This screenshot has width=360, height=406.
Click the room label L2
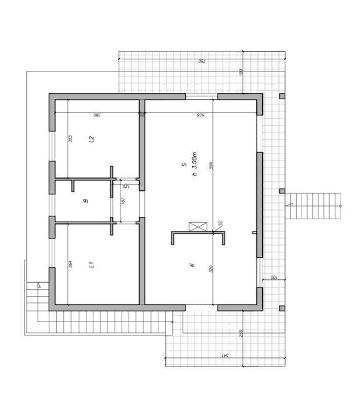tap(92, 138)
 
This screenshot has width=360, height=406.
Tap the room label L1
tap(91, 264)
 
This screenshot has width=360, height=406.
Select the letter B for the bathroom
tap(86, 201)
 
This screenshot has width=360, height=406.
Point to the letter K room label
tap(193, 265)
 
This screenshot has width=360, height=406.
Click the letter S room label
tap(183, 165)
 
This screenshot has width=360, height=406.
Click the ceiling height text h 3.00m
tap(194, 164)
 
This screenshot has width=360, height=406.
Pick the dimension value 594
tap(210, 165)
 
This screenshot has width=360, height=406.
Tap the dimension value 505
tap(200, 115)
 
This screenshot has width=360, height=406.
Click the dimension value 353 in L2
tap(70, 138)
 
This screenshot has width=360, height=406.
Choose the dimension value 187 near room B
tap(123, 201)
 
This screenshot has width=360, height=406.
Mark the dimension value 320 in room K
tap(210, 268)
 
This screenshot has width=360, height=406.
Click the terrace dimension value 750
tap(201, 61)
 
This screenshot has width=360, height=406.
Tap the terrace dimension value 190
tap(241, 72)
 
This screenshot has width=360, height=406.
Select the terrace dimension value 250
tap(241, 333)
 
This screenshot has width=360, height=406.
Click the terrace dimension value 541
tap(224, 355)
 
